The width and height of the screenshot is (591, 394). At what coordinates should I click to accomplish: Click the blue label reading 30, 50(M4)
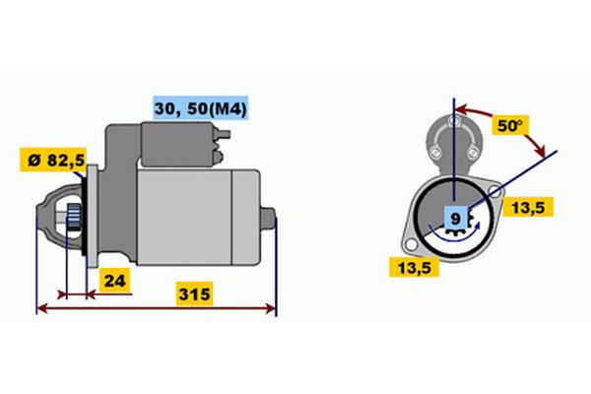point(200,108)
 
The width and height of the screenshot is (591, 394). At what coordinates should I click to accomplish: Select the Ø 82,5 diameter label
point(53,161)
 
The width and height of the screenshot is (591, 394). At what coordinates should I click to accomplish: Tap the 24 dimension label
point(114,281)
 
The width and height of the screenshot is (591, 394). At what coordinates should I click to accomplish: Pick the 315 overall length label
point(194,294)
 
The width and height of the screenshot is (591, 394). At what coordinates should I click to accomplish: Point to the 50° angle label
point(510,125)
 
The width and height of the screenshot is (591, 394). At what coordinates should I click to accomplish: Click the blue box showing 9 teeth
point(456,219)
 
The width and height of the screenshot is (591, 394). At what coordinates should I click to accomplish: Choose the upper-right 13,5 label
point(528,207)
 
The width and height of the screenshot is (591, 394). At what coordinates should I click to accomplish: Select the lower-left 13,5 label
point(414,267)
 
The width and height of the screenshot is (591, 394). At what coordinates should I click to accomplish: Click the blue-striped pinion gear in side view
point(74,218)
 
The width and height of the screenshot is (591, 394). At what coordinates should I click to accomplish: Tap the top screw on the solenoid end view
point(453,121)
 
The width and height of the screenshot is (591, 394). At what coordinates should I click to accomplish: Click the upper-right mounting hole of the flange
point(495,191)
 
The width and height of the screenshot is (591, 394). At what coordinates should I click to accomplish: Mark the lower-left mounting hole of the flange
point(411,245)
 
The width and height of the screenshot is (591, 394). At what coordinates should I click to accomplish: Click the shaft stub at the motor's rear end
point(268,219)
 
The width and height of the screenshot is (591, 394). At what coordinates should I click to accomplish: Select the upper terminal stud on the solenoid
point(224,134)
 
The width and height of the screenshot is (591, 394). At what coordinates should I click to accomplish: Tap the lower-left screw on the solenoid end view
point(435,153)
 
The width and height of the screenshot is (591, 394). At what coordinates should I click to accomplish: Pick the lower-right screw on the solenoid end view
point(472,153)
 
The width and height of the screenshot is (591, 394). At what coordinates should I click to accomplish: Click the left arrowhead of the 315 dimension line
point(41,308)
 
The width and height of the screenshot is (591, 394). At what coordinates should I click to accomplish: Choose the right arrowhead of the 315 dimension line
point(271,308)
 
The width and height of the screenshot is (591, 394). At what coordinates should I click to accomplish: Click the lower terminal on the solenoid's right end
point(219,157)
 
